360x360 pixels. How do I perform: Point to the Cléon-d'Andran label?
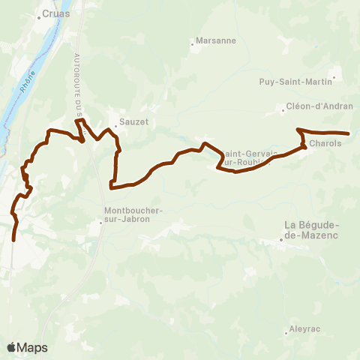320,106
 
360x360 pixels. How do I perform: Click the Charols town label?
325,142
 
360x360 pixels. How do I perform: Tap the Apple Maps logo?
27,347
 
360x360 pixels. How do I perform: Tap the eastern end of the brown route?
349,133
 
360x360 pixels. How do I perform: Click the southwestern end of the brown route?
14,241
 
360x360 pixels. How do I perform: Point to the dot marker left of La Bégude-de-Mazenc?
281,240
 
